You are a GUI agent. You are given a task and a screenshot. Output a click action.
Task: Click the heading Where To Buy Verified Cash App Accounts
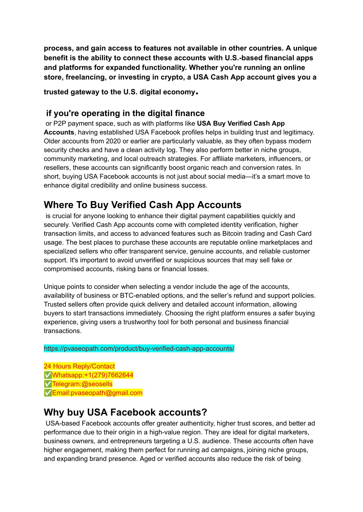pos(143,205)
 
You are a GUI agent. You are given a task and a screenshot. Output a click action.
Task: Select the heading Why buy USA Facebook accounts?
pos(125,413)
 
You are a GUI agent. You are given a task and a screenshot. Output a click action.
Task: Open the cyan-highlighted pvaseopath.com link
pos(139,349)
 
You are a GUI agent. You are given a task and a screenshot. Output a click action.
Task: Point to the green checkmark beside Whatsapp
pos(48,375)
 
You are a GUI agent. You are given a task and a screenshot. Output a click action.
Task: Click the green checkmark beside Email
pos(48,393)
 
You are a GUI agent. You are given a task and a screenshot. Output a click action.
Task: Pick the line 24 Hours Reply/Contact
pos(79,366)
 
